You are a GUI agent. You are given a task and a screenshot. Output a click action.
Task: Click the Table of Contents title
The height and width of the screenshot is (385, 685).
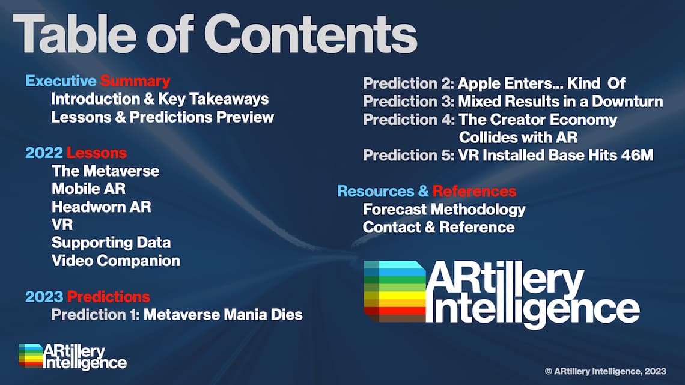point(215,34)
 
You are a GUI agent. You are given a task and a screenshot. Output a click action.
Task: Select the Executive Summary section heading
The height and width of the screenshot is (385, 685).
point(98,81)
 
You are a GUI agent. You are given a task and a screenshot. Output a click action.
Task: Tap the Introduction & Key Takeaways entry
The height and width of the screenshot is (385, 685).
point(160,99)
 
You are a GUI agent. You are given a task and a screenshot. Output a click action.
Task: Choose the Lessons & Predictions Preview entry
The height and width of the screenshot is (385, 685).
point(162,117)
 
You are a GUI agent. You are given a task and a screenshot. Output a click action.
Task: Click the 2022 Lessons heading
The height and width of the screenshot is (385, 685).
point(76,153)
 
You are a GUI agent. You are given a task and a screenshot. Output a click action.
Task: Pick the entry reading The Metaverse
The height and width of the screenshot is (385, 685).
point(105,171)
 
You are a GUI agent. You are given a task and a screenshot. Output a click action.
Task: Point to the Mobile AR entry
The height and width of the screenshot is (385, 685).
point(89,189)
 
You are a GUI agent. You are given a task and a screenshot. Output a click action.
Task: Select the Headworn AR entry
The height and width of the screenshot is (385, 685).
point(102,207)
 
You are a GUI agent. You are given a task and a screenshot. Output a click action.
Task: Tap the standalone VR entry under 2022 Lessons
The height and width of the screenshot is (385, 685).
point(62,225)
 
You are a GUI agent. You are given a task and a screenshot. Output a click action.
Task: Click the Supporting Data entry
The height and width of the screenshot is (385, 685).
point(111,243)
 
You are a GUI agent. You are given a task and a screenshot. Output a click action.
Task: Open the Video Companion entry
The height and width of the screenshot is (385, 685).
point(116,261)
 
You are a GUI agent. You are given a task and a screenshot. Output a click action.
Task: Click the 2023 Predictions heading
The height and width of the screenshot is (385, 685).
point(87,297)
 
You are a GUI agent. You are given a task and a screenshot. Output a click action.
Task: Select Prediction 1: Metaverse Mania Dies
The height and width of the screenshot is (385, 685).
point(177,315)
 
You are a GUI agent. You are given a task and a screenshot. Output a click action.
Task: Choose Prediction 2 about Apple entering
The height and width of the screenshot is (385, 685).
point(494,83)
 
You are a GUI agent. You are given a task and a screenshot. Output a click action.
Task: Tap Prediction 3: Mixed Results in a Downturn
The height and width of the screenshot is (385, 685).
point(513,102)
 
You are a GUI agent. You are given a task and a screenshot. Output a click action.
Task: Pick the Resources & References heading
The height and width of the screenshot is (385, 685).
point(427,191)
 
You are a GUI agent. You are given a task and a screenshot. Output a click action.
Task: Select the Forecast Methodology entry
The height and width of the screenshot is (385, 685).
point(444,210)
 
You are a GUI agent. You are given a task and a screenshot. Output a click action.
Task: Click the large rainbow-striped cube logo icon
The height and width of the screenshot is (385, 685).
point(395,291)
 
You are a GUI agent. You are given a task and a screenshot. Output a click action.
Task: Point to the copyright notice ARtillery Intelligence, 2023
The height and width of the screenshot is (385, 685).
point(606,371)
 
